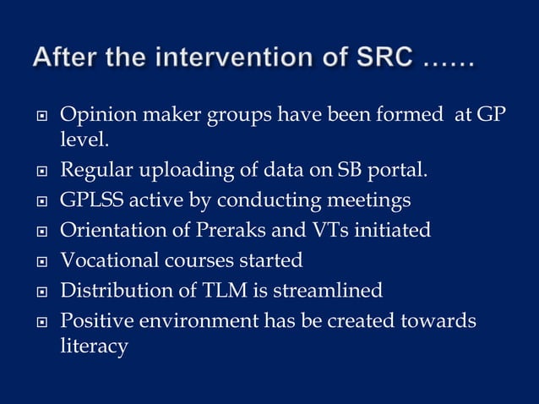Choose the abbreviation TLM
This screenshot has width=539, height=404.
tap(226, 290)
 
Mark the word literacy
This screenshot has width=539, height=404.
tap(94, 347)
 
